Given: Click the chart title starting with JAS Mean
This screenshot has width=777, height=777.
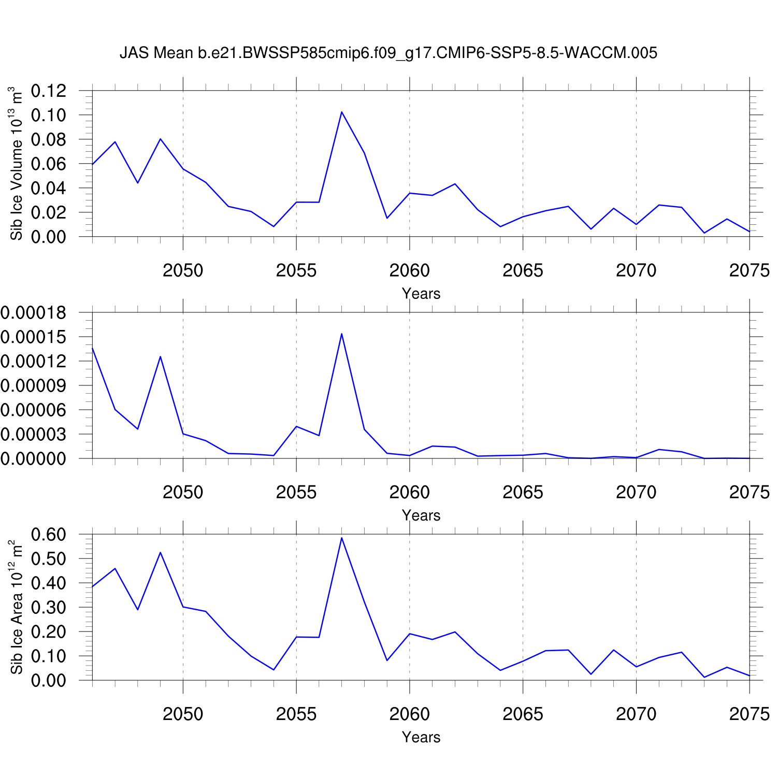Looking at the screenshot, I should coord(388,53).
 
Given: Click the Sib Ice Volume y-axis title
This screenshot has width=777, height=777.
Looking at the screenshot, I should coord(17,163).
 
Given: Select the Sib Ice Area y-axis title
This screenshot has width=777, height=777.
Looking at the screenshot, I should coord(17,607).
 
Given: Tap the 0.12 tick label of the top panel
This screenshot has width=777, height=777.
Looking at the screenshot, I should coord(49,91).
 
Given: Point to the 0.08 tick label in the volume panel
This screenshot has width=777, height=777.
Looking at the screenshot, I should coord(49,139).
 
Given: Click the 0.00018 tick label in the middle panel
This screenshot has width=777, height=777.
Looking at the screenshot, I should coord(33,312).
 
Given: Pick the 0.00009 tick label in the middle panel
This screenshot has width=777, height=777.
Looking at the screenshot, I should coord(33,385).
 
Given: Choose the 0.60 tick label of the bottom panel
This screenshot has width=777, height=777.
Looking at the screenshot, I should coord(49,534).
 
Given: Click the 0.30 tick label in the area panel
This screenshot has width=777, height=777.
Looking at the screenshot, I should coord(49,607).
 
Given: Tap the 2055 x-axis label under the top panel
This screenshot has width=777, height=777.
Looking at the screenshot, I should coord(296,270).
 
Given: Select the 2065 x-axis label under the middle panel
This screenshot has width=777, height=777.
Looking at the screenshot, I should coord(523,492).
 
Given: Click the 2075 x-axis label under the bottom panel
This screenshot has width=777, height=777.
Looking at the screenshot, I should coord(749,714).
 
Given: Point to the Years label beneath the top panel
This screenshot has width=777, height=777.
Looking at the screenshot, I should coord(421,294).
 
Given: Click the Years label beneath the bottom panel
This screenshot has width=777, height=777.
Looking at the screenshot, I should coord(421,737).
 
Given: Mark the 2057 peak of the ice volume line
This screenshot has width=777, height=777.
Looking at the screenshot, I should coord(341,112).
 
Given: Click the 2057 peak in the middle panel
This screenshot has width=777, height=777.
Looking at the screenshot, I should coord(341,334).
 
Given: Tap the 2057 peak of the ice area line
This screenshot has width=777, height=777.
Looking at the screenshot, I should coord(341,538).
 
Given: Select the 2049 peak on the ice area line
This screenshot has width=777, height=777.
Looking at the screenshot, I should coord(161,552).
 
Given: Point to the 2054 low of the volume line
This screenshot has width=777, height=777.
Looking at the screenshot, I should coord(274,226).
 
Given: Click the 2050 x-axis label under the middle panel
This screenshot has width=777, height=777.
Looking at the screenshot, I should coord(183,492).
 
